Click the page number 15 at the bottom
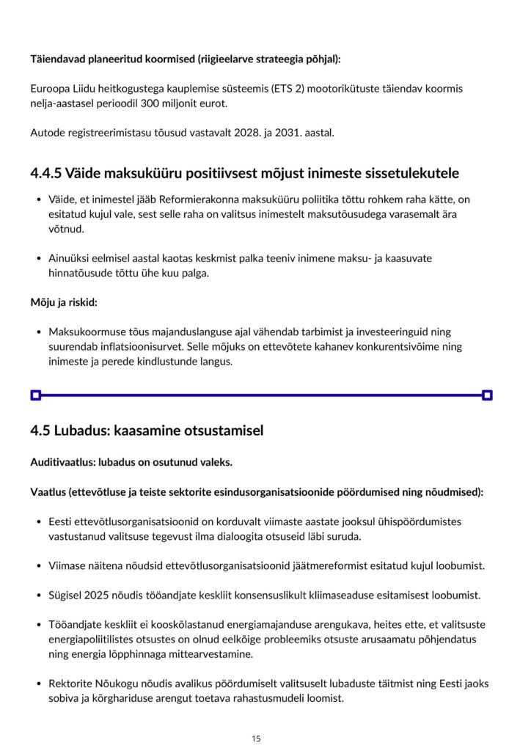click(x=255, y=739)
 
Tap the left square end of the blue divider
click(x=35, y=395)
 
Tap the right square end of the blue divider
click(x=487, y=395)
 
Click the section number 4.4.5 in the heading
click(x=46, y=174)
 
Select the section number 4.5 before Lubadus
click(x=40, y=431)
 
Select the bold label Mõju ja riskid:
click(x=64, y=302)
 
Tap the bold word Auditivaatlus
click(x=62, y=463)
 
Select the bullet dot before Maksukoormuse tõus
click(x=37, y=332)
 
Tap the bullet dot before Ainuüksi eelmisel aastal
click(x=37, y=258)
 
